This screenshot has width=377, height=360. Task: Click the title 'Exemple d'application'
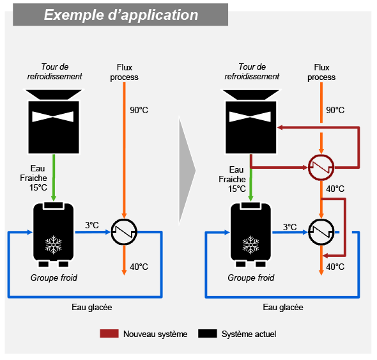pyautogui.click(x=121, y=15)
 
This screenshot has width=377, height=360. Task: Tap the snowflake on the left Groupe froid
pyautogui.click(x=54, y=245)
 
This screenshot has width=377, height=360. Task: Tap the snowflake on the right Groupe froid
pyautogui.click(x=250, y=245)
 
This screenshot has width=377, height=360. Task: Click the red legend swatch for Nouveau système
pyautogui.click(x=109, y=334)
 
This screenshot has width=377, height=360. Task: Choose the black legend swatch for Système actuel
pyautogui.click(x=208, y=334)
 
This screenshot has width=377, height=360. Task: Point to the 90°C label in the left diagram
pyautogui.click(x=139, y=110)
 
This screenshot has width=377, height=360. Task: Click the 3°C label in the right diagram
pyautogui.click(x=289, y=227)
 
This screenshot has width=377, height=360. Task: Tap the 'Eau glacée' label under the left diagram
pyautogui.click(x=92, y=308)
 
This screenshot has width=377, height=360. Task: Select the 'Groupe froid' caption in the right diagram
pyautogui.click(x=250, y=278)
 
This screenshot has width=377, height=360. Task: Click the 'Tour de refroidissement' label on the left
pyautogui.click(x=54, y=72)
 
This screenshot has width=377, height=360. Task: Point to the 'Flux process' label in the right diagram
pyautogui.click(x=321, y=72)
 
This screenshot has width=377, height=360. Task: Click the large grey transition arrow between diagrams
pyautogui.click(x=187, y=170)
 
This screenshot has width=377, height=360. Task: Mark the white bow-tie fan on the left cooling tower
pyautogui.click(x=53, y=117)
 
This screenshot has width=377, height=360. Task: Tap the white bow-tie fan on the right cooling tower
pyautogui.click(x=250, y=117)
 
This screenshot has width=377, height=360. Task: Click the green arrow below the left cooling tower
pyautogui.click(x=54, y=178)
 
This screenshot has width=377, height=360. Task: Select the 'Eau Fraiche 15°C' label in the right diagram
pyautogui.click(x=232, y=179)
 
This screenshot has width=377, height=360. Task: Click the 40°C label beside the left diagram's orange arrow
pyautogui.click(x=139, y=267)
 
